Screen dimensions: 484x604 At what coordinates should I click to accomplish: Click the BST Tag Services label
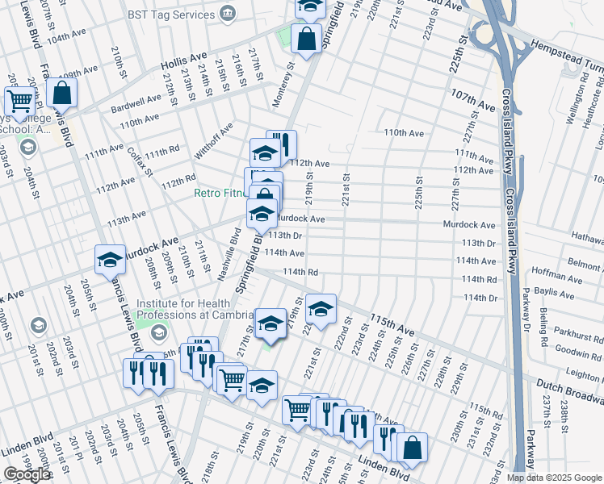pyautogui.click(x=168, y=15)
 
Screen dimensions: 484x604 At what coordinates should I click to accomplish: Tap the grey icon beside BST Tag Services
pyautogui.click(x=227, y=14)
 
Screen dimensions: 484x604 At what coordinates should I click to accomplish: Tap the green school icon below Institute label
pyautogui.click(x=159, y=332)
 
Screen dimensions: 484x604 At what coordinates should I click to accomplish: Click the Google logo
pyautogui.click(x=27, y=474)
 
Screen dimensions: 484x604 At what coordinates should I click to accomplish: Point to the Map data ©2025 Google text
pyautogui.click(x=553, y=478)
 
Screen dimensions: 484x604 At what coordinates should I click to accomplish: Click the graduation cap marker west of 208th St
pyautogui.click(x=110, y=260)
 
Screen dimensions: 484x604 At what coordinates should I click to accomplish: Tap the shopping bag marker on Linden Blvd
pyautogui.click(x=412, y=448)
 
